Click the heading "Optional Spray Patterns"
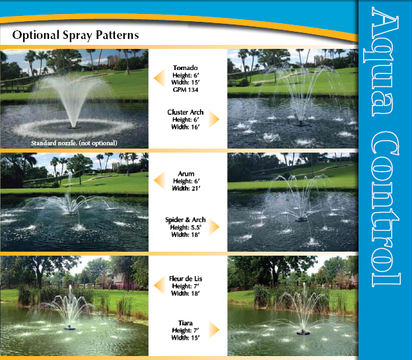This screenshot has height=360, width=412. click(x=75, y=35)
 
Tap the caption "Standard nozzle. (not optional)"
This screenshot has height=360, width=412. click(x=74, y=143)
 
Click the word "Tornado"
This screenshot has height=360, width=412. click(x=186, y=68)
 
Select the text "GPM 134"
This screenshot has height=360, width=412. click(x=186, y=90)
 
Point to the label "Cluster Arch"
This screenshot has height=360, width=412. click(x=186, y=112)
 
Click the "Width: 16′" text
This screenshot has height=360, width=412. click(x=186, y=127)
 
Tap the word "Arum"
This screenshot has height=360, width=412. click(x=186, y=174)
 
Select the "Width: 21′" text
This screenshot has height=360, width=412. click(x=186, y=188)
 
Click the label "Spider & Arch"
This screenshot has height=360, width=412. click(x=186, y=220)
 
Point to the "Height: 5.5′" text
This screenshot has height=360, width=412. click(x=186, y=227)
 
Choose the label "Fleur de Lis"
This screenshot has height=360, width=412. click(x=186, y=279)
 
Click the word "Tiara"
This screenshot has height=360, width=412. click(x=186, y=323)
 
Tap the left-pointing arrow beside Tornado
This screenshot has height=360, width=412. click(x=159, y=78)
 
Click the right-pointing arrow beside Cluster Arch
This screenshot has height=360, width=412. click(x=214, y=119)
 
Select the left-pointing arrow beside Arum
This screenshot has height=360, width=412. click(x=159, y=180)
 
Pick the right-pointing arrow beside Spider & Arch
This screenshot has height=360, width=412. click(x=214, y=227)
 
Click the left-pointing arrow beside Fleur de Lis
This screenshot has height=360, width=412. click(x=159, y=285)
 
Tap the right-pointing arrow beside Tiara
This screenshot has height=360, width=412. click(x=214, y=330)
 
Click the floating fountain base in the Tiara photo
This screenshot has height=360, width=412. click(x=304, y=332)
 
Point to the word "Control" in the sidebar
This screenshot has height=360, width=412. click(x=385, y=208)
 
